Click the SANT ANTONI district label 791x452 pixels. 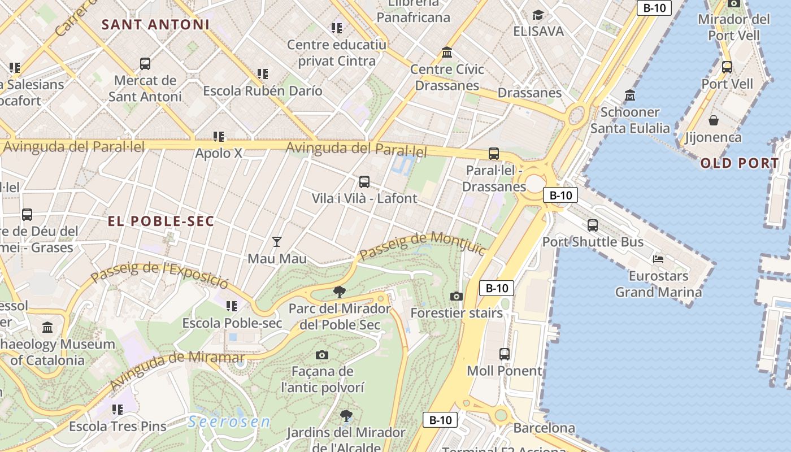click(x=155, y=25)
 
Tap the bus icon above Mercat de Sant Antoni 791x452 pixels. click(x=145, y=63)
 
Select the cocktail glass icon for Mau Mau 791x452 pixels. click(x=276, y=242)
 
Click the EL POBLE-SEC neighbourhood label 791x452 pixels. click(x=161, y=221)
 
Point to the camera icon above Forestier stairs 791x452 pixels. click(x=457, y=296)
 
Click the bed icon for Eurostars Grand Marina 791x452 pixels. click(x=658, y=259)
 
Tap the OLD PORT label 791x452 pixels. click(x=740, y=164)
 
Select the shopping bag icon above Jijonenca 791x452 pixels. click(x=714, y=120)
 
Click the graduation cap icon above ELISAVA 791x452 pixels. click(x=538, y=15)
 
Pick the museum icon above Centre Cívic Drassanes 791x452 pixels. click(x=447, y=53)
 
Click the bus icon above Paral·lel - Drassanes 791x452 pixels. click(x=494, y=153)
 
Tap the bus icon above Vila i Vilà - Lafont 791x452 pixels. click(x=364, y=182)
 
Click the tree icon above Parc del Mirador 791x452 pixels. click(x=339, y=292)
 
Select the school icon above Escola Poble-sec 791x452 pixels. click(x=232, y=306)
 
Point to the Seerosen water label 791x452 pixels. click(x=229, y=422)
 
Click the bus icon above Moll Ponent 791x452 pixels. click(x=505, y=354)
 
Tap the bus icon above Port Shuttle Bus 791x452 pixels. click(x=593, y=225)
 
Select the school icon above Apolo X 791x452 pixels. click(x=219, y=136)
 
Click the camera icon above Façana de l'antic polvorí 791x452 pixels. click(x=322, y=355)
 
